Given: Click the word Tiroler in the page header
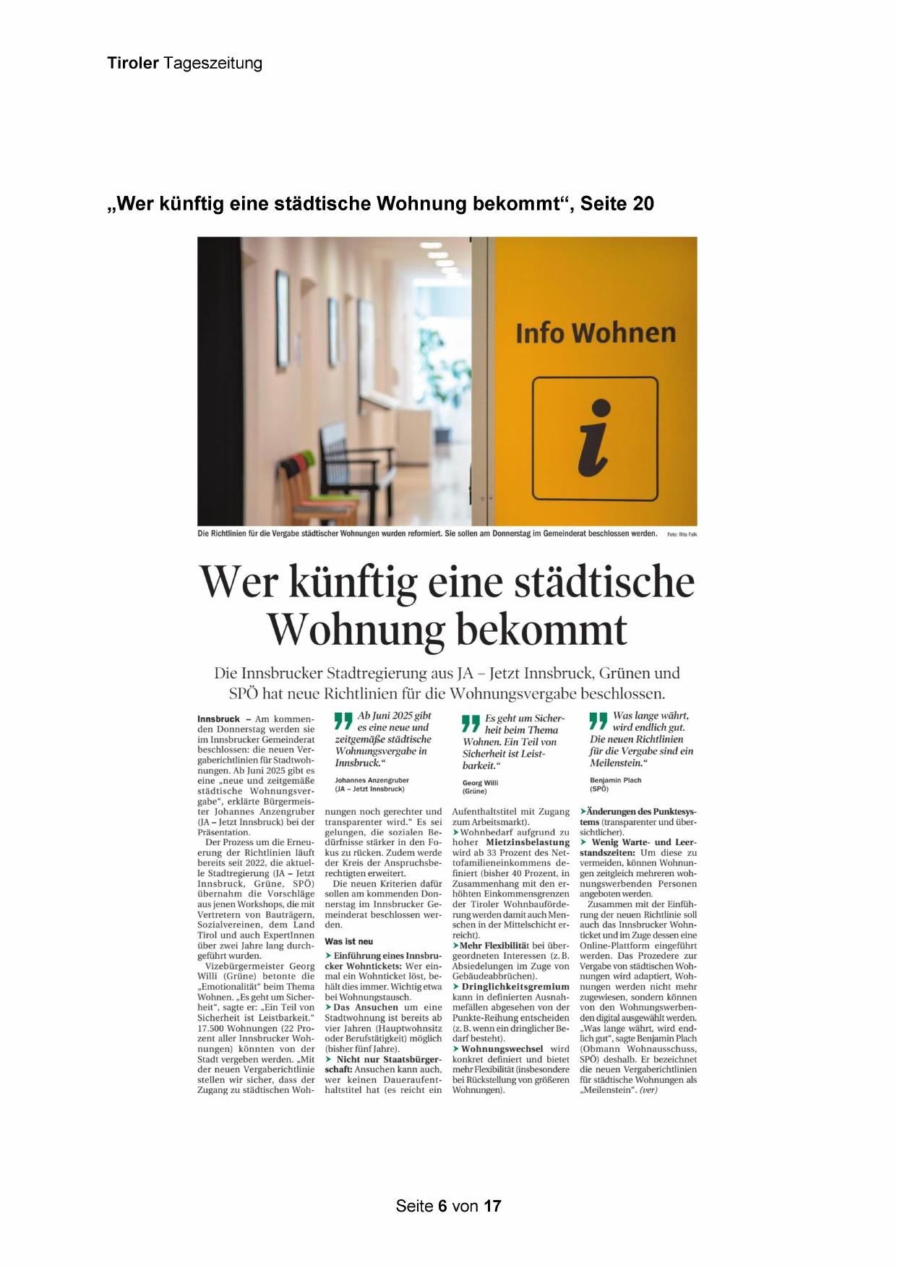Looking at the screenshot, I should click(132, 64).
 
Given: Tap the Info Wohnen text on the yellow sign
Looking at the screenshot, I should click(595, 333).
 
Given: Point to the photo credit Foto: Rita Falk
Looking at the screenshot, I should click(682, 534).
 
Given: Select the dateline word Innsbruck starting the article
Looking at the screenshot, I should click(218, 719).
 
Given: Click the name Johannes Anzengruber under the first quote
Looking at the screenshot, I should click(372, 780).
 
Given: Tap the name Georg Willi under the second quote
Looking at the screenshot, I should click(480, 782).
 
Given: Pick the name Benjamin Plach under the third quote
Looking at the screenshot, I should click(615, 780).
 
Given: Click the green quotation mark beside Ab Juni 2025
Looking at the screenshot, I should click(343, 720).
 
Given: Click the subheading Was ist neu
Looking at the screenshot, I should click(349, 941).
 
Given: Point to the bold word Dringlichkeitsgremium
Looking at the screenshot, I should click(515, 987).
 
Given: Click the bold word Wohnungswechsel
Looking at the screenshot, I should click(502, 1049).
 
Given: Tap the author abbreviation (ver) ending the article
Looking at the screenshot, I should click(648, 1089).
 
